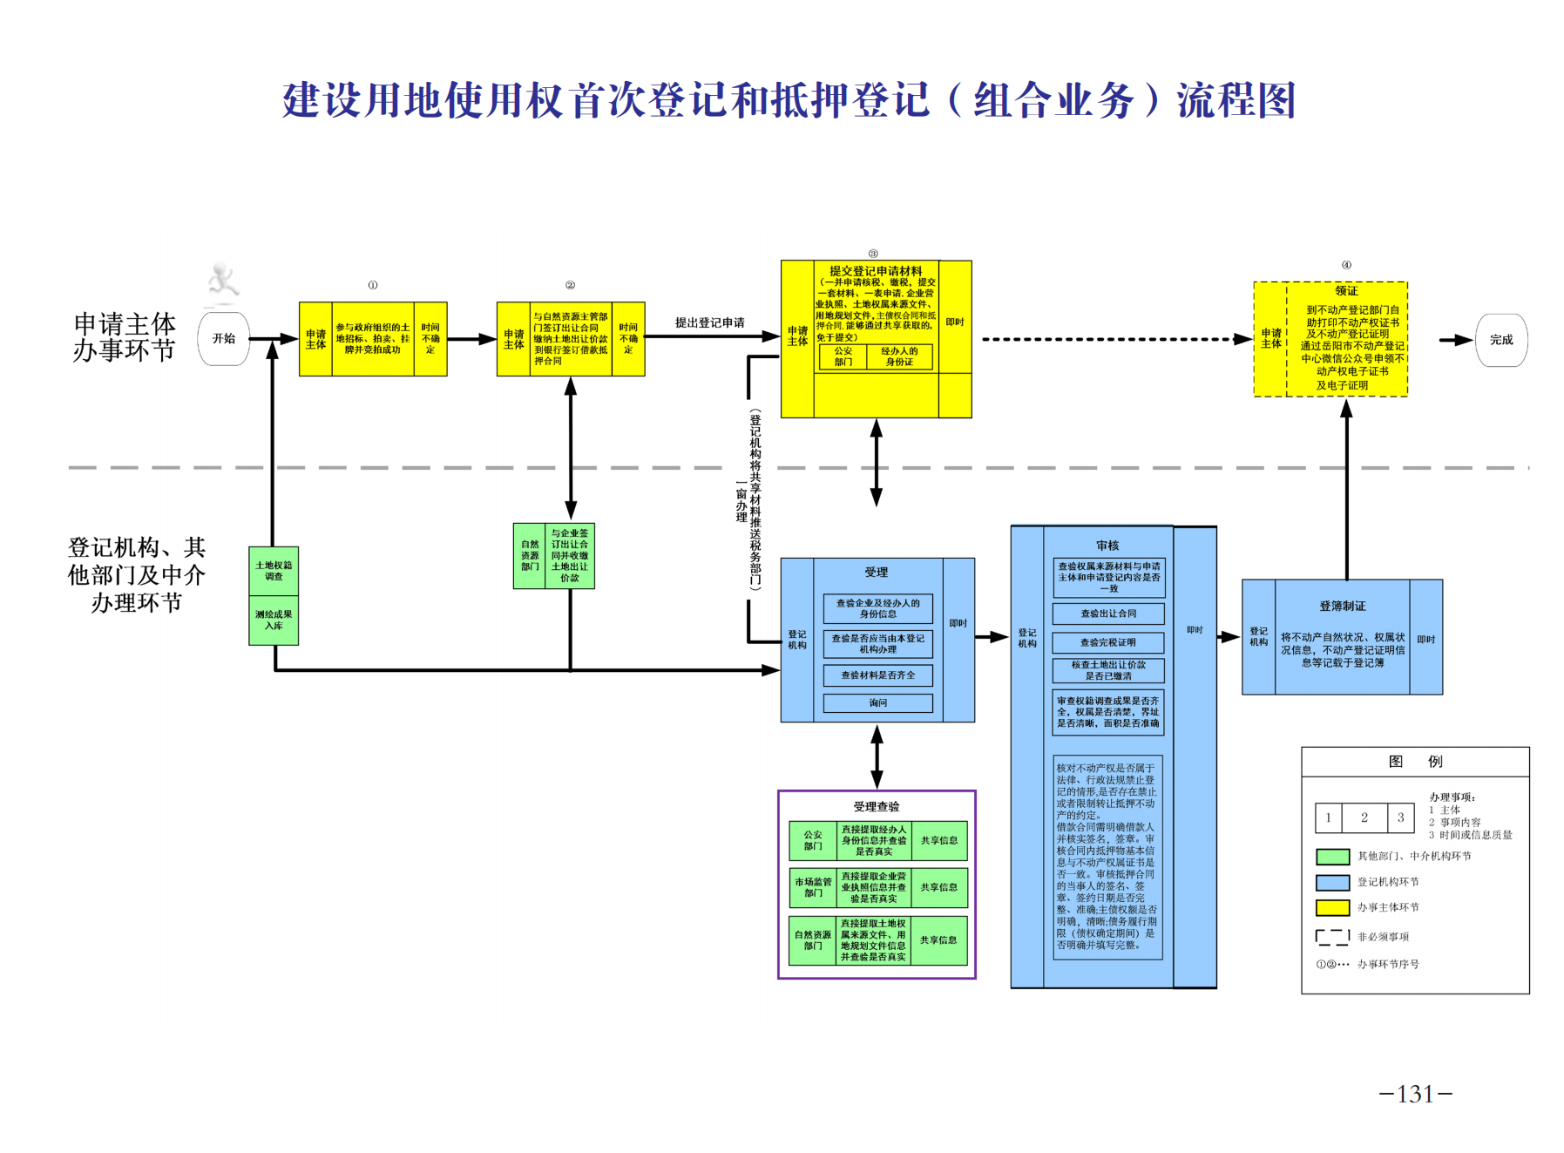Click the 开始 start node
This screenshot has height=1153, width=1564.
tap(224, 339)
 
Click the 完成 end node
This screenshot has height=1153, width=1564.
tap(1500, 340)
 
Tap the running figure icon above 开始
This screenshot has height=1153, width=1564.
tap(223, 280)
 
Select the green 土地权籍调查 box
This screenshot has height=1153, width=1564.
tap(274, 571)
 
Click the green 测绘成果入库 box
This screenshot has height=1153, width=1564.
tap(274, 620)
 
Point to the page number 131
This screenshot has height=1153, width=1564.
tap(1415, 1094)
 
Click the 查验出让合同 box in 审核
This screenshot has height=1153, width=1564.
tap(1108, 614)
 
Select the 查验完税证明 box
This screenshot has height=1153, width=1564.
tap(1108, 642)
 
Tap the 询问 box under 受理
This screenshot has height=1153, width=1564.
tap(877, 702)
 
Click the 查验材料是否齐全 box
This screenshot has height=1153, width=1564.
tap(877, 675)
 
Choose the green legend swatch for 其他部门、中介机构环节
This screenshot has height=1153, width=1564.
tap(1332, 857)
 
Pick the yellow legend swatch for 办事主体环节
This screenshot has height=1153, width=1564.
tap(1332, 907)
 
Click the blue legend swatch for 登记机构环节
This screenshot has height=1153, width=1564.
tap(1332, 882)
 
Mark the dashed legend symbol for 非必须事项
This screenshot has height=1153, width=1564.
tap(1332, 937)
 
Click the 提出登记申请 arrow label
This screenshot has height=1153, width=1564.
tap(709, 322)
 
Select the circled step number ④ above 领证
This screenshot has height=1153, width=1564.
tap(1346, 265)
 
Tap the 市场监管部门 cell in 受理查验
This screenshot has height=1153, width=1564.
tap(813, 887)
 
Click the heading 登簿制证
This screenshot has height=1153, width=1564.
tap(1342, 606)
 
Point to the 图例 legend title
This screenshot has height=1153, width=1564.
tap(1415, 762)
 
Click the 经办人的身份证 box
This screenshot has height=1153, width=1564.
tap(899, 356)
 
